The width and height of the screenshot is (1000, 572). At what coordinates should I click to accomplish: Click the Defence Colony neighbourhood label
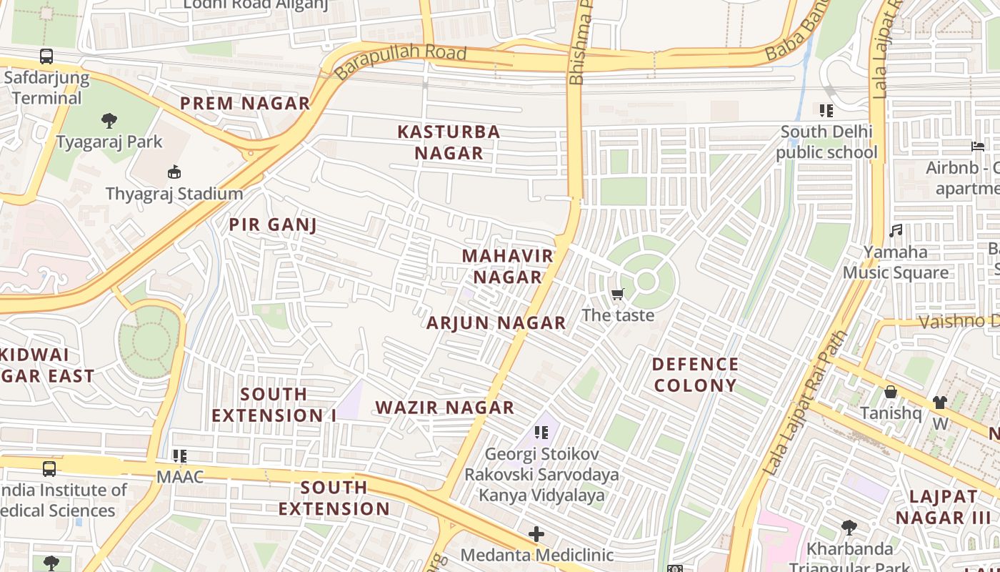695,375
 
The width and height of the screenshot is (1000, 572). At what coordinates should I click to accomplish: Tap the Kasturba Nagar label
449,142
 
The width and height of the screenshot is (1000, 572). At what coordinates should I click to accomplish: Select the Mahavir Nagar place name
507,266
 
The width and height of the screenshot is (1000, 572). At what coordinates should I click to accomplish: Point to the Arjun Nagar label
496,323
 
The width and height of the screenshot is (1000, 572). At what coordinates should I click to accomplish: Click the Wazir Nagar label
445,408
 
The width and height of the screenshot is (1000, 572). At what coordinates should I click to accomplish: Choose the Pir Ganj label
273,225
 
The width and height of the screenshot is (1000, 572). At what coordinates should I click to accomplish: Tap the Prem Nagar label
245,104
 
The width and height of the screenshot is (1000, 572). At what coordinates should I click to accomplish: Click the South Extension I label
274,405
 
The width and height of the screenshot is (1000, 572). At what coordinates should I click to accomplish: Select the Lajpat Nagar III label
943,507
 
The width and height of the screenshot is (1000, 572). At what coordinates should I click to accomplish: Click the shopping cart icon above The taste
618,295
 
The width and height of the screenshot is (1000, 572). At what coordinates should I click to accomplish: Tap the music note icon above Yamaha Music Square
896,231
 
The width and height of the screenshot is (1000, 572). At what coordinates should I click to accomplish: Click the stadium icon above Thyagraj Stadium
174,172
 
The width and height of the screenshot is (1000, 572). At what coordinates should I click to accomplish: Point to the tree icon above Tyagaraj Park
109,120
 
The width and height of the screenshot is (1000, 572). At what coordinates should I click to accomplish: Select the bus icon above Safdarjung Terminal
46,56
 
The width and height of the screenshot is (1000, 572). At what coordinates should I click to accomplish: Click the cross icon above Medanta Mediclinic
536,534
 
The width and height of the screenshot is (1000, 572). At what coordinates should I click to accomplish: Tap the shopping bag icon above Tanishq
891,392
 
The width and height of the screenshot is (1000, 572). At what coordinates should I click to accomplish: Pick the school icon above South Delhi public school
826,111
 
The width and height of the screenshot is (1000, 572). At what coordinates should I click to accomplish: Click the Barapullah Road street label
400,62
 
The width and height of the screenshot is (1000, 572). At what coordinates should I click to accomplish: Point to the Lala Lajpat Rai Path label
805,404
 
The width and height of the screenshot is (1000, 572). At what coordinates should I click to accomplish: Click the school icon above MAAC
180,455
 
